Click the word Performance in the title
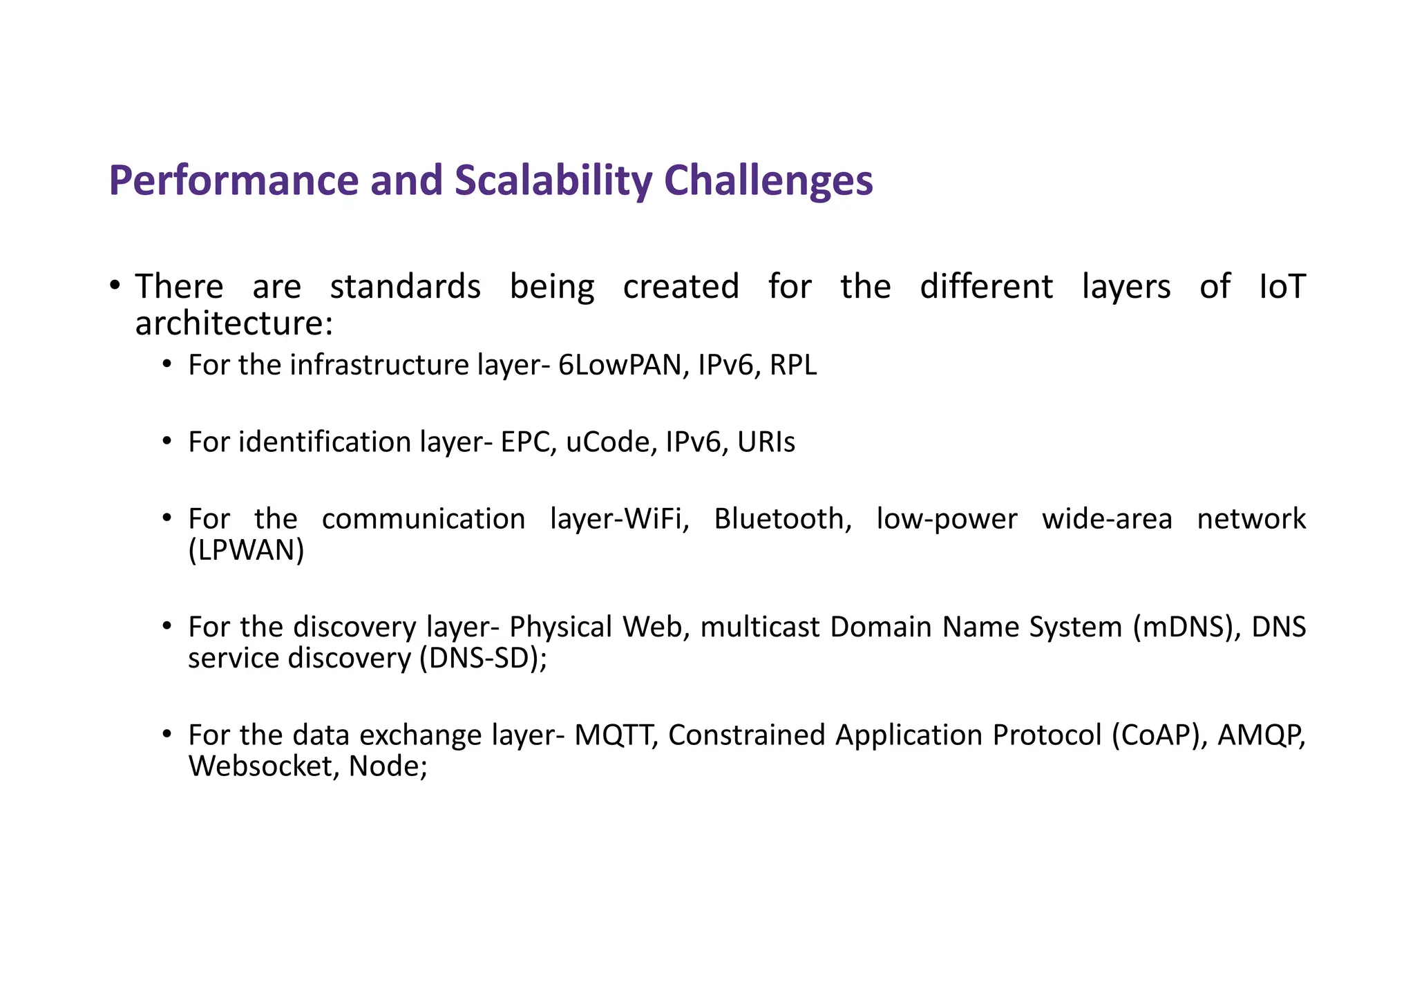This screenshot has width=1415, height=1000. pos(234,181)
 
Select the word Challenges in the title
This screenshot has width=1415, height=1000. pos(768,181)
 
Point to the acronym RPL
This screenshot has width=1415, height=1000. pos(793,365)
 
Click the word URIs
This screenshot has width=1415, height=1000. pos(766,442)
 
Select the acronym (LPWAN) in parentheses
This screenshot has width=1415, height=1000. pos(246,551)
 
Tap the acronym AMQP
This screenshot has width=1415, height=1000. pos(1260,735)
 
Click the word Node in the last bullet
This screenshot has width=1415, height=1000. pos(383,766)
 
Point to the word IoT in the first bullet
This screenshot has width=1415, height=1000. pos(1282,287)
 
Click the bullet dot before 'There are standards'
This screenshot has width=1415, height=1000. pos(115,285)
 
